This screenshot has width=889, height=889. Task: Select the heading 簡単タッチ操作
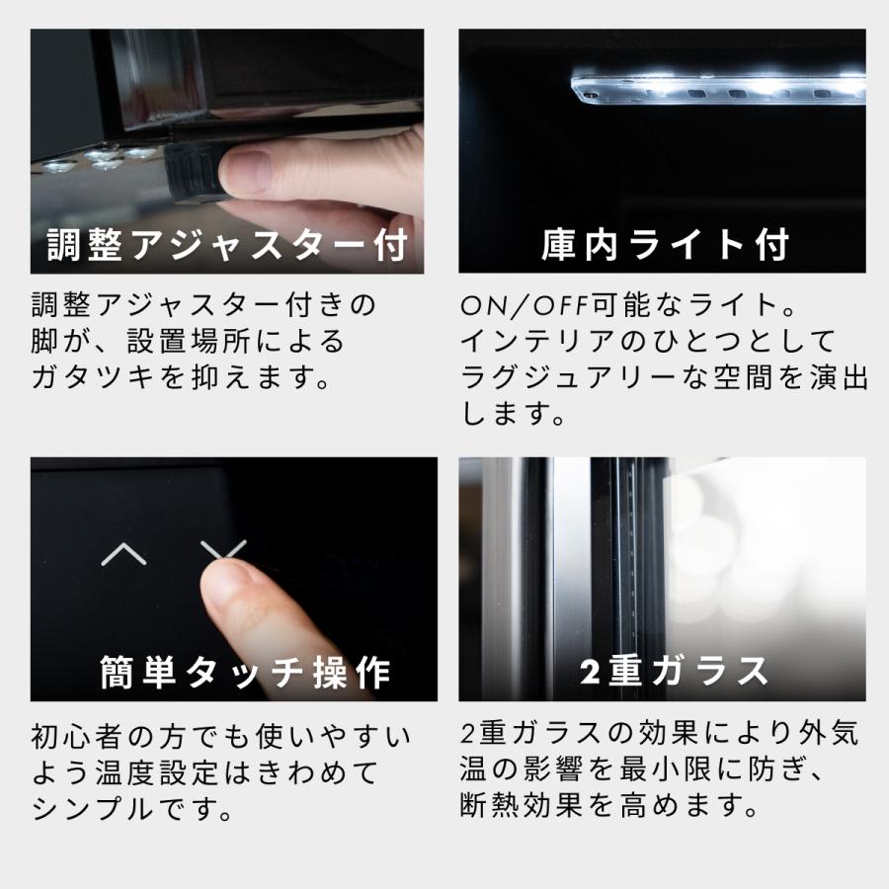(245, 673)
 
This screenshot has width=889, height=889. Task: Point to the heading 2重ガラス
(673, 672)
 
